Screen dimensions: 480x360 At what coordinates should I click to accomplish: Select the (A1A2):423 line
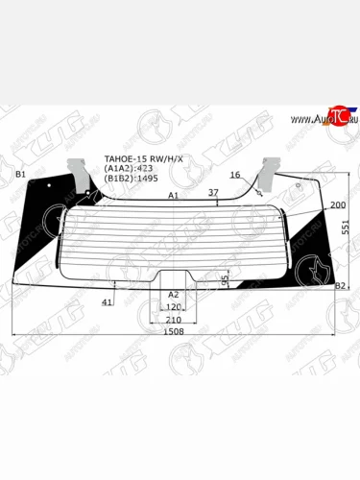point(127,168)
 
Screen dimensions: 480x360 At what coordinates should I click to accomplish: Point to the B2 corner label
point(339,286)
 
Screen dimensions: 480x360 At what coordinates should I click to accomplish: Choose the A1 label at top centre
point(174,195)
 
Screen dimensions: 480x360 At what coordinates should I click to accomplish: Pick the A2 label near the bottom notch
point(173,295)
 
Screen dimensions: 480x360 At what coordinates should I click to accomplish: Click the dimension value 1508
point(174,331)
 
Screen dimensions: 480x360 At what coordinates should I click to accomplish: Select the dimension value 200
point(337,205)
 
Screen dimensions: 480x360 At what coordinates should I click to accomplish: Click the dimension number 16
point(234,175)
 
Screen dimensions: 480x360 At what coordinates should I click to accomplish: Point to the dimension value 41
point(108,302)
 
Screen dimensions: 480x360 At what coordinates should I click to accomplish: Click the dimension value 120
point(174,307)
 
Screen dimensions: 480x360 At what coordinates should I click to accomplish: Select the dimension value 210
point(174,319)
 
